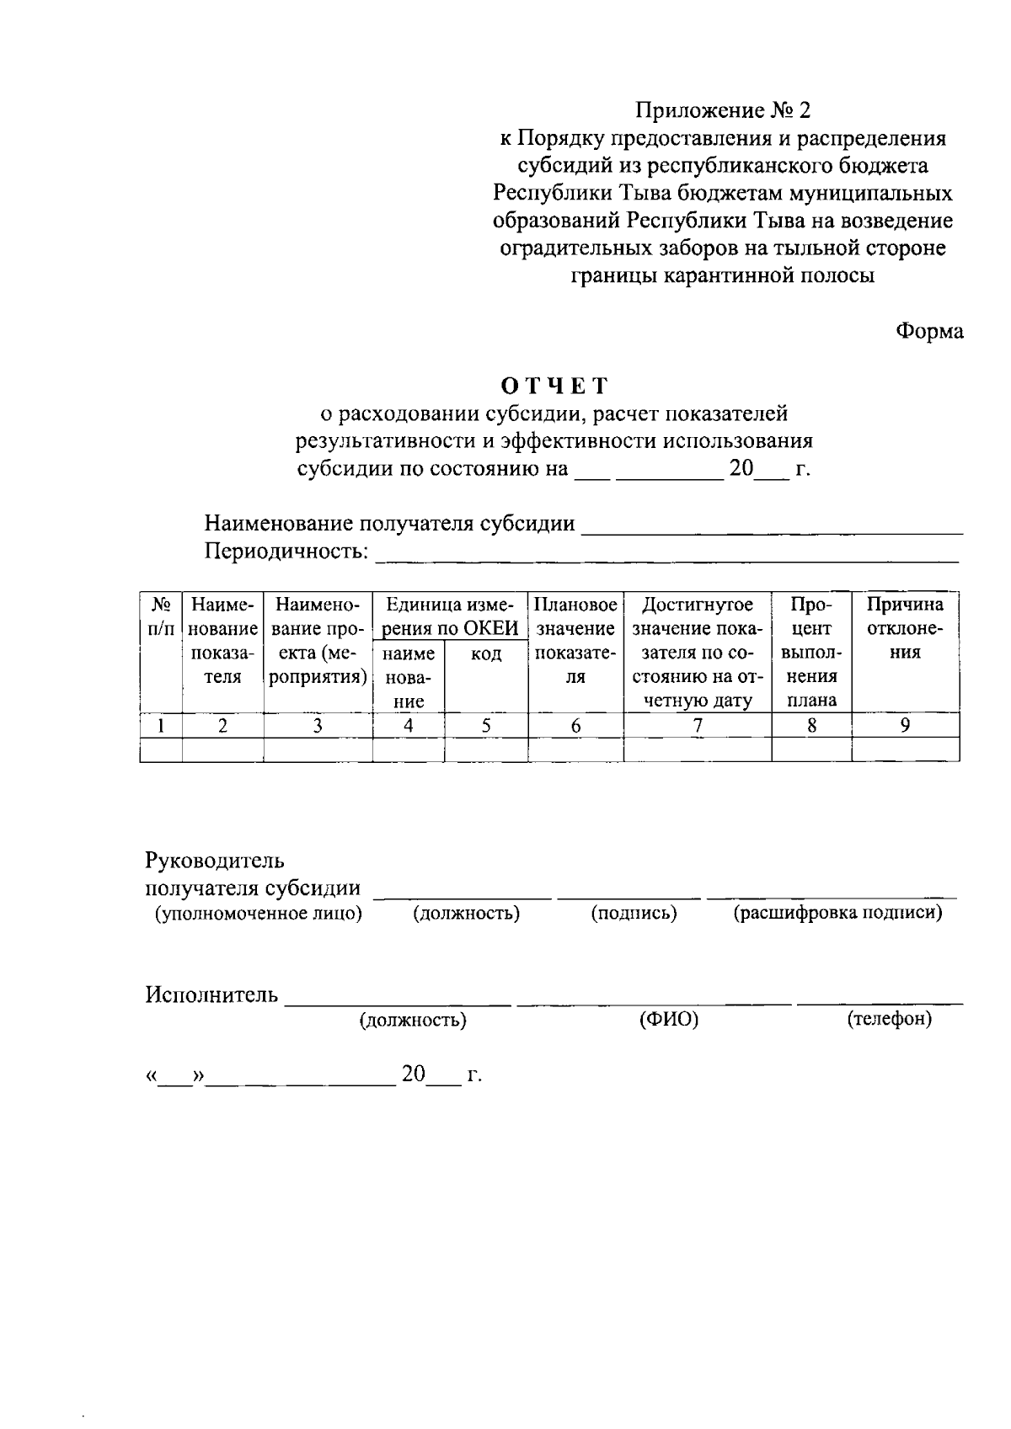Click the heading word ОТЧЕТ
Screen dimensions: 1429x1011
(554, 386)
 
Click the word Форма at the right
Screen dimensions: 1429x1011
(928, 331)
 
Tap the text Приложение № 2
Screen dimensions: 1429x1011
(722, 110)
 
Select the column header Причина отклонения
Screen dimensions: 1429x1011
(905, 628)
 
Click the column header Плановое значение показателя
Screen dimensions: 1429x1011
(575, 640)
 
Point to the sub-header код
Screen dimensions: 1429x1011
(486, 654)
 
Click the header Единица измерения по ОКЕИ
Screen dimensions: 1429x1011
(450, 616)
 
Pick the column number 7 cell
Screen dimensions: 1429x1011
(697, 725)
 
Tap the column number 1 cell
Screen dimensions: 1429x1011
(161, 725)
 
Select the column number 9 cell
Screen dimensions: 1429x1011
(905, 725)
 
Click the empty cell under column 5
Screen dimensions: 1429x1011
(486, 749)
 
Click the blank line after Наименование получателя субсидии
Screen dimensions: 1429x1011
(772, 527)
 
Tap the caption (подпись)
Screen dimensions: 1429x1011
(634, 914)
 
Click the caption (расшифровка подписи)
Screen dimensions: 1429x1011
(837, 913)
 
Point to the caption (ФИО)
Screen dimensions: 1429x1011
(669, 1020)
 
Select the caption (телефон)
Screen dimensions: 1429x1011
(889, 1019)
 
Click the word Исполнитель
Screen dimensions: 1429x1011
(211, 994)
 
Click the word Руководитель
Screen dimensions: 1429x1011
(215, 861)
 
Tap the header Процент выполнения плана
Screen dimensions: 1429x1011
(811, 652)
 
